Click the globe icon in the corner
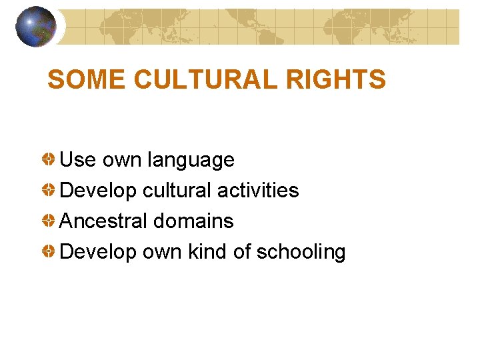click(x=35, y=27)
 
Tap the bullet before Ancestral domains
click(x=49, y=221)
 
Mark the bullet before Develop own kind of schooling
click(x=49, y=252)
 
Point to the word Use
click(x=78, y=160)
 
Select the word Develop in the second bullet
click(x=99, y=191)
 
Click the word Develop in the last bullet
click(x=99, y=252)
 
